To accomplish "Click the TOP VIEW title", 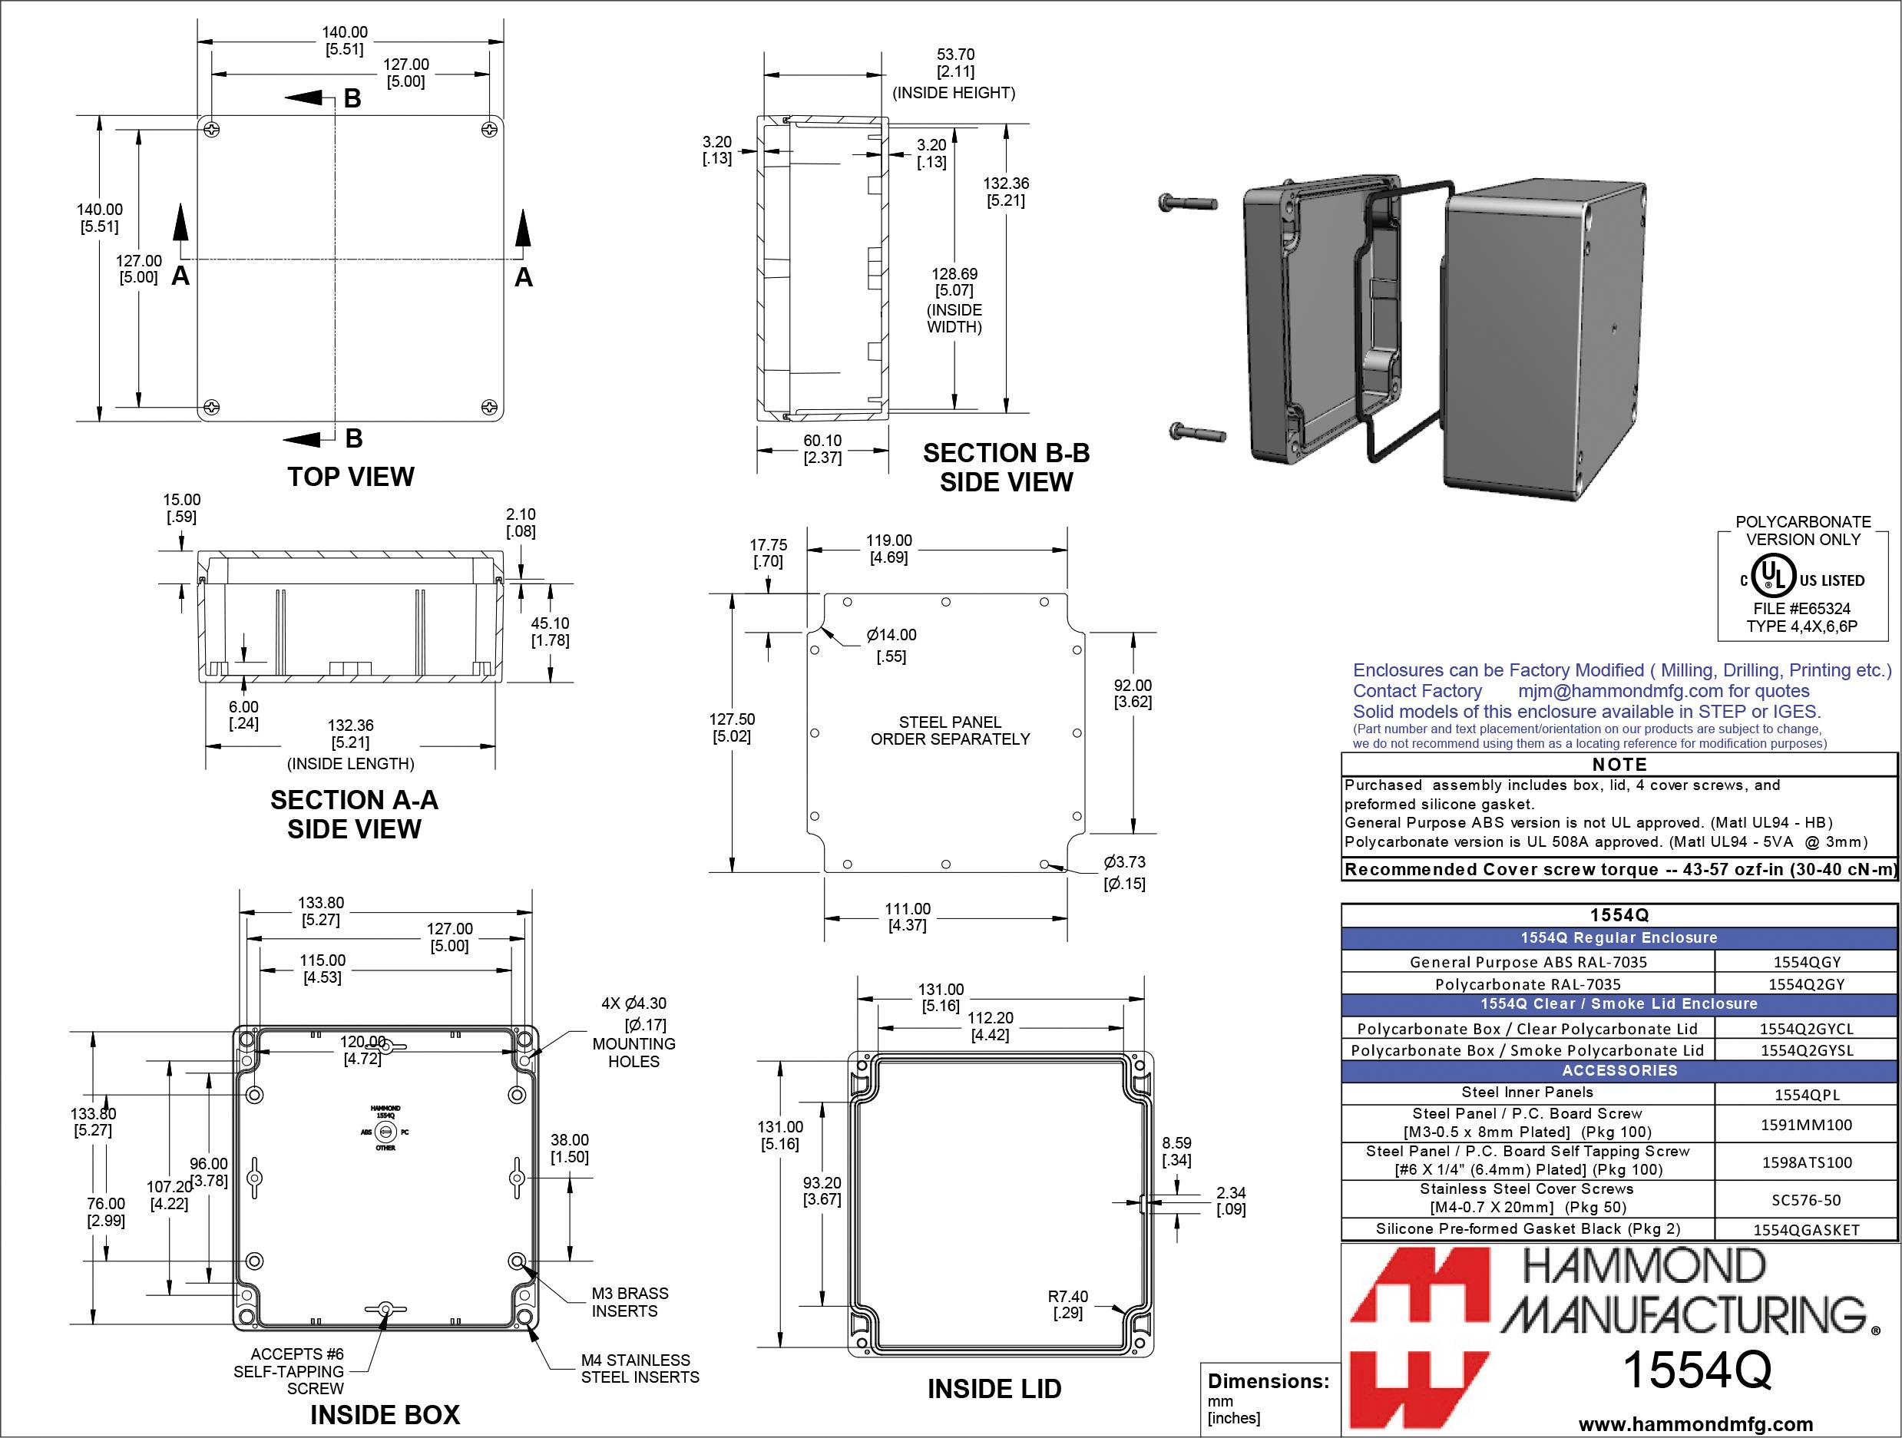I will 351,477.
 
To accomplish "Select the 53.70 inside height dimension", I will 955,63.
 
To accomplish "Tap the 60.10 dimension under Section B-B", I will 822,448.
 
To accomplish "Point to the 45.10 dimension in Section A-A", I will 551,632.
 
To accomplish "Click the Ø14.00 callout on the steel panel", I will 891,645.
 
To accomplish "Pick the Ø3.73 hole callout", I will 1125,872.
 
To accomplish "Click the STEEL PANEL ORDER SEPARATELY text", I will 950,731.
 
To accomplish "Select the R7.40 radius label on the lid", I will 1068,1304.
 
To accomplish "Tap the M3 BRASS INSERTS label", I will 630,1302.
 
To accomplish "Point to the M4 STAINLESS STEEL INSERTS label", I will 640,1368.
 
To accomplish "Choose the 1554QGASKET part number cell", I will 1806,1230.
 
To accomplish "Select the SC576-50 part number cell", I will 1806,1200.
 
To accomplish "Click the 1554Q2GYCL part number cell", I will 1806,1029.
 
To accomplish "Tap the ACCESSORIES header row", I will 1619,1071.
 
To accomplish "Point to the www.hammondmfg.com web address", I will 1695,1423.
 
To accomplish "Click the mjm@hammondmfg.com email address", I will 1620,691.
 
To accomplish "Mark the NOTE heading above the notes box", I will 1619,764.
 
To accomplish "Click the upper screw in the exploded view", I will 1189,203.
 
